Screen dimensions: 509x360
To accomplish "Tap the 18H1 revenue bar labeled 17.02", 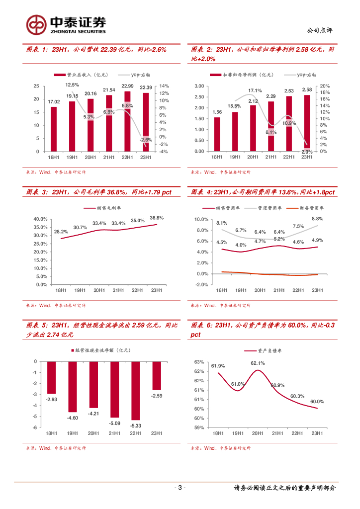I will point(53,129).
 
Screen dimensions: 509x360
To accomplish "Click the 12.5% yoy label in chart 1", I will point(72,85).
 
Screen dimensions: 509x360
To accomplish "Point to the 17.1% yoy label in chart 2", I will point(255,90).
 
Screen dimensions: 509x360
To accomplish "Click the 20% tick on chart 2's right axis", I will point(324,86).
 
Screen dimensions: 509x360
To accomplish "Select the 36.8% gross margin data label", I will point(156,218).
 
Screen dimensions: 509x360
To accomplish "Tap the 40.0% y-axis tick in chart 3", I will point(40,219).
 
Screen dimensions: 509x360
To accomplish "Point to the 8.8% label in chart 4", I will point(317,219).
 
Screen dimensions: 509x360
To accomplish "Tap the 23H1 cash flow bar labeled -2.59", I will point(156,376).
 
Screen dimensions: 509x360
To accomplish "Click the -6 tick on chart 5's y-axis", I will point(34,427).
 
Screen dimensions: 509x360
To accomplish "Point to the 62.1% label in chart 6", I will point(258,363).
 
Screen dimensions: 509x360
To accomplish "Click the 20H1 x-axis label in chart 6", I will point(258,433).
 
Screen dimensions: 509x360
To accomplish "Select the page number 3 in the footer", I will point(180,488).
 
